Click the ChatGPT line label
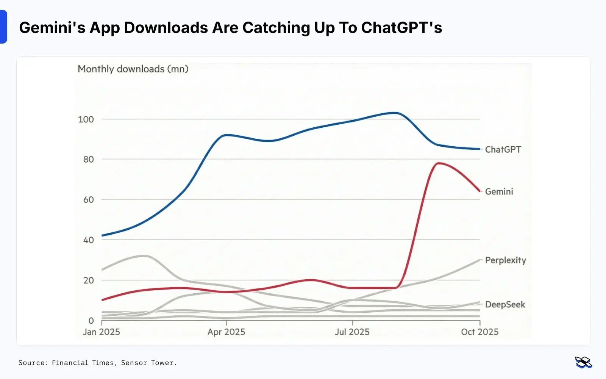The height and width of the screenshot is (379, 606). coord(503,150)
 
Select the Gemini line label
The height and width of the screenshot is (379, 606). coord(499,192)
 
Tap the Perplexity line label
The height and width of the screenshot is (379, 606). coord(505,260)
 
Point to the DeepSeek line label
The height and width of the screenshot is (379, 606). coord(505,305)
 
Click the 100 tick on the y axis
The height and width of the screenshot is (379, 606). coord(86,119)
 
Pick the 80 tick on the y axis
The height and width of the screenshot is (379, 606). coord(88,160)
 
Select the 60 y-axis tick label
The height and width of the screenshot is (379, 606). coord(88,200)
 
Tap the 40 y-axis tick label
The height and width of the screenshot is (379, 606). coord(88,240)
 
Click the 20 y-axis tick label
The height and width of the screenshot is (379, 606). coord(88,280)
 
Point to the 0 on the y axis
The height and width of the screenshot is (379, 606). coord(91,321)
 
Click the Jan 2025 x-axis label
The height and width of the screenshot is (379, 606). coord(102,332)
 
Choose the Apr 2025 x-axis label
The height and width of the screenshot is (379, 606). coord(226,332)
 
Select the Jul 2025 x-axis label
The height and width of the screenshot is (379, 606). coord(352,332)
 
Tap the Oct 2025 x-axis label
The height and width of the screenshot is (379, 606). coord(479,332)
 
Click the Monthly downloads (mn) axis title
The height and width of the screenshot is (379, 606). coord(133,69)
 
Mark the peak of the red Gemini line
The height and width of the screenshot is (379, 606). coord(439,163)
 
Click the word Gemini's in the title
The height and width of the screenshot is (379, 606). coord(52,28)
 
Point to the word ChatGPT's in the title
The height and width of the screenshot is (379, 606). coord(401,28)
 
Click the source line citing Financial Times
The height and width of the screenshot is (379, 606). coord(97,363)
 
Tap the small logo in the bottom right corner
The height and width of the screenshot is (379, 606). coord(583,362)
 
